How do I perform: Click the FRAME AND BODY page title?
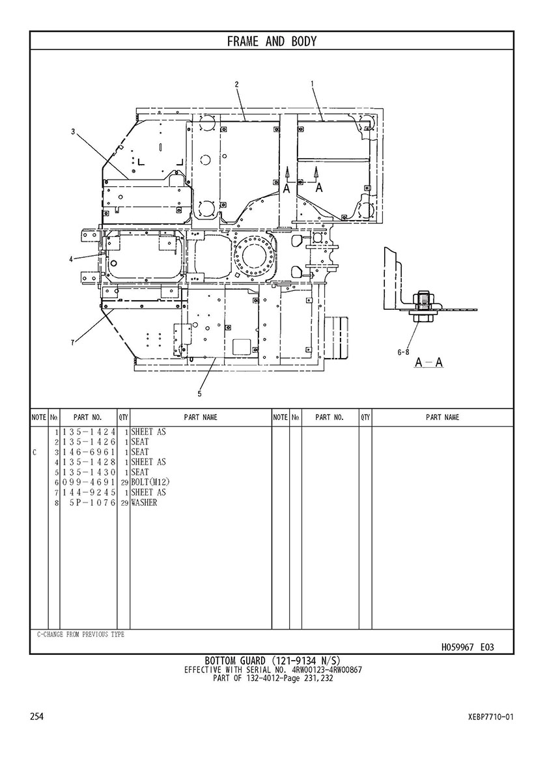pos(272,42)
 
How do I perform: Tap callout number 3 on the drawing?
pos(74,131)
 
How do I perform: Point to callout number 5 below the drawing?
pos(199,393)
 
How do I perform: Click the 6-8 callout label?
pos(403,352)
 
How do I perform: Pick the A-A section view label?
pos(429,362)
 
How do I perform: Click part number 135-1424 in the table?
pos(89,432)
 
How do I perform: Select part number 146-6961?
pos(89,452)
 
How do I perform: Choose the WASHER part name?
pos(144,503)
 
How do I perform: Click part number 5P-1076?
pos(91,503)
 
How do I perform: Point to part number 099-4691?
pos(89,482)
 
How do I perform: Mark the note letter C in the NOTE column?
pos(34,452)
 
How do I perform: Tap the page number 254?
pos(37,717)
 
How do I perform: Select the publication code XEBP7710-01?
pos(490,717)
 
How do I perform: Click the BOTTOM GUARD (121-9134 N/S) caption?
pos(273,661)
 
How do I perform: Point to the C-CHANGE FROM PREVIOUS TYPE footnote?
pos(80,635)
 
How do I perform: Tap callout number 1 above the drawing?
pos(313,83)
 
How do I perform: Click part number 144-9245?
pos(89,493)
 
